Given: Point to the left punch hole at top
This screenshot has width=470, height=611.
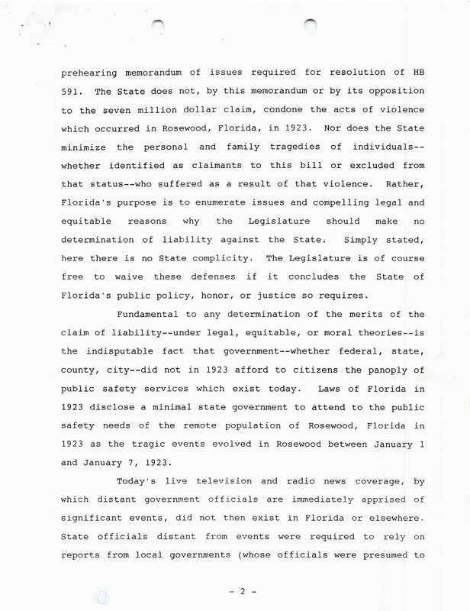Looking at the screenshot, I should [x=158, y=26].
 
